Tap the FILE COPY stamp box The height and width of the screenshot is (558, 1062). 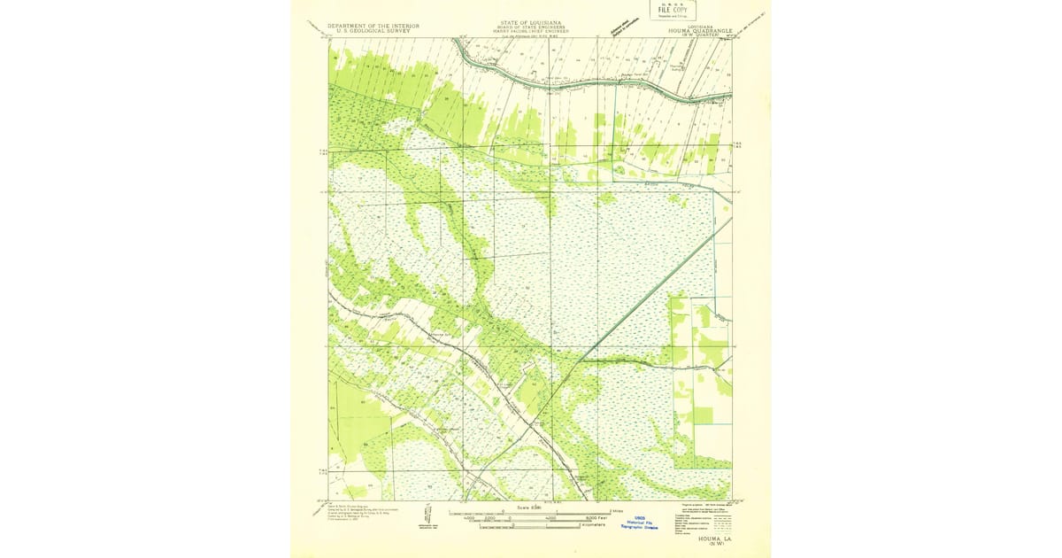point(673,11)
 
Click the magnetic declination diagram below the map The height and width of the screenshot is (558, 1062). point(427,515)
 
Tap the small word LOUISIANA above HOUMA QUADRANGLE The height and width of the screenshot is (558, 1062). point(702,26)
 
